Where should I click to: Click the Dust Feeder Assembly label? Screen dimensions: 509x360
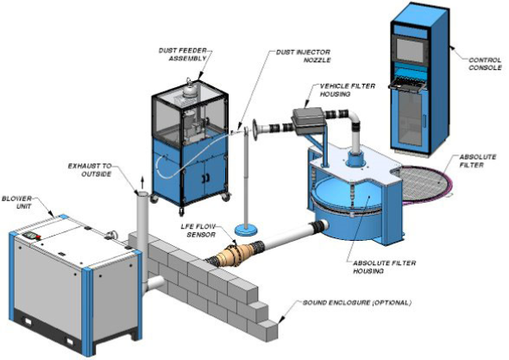click(183, 54)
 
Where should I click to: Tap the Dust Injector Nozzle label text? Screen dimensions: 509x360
click(303, 56)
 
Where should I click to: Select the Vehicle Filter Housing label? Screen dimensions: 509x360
click(348, 90)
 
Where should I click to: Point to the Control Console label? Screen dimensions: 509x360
click(485, 64)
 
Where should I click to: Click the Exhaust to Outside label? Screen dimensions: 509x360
click(90, 170)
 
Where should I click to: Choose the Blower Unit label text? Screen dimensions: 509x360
click(17, 202)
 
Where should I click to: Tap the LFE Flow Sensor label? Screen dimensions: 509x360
click(198, 230)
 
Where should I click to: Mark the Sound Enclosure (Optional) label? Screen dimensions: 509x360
click(357, 303)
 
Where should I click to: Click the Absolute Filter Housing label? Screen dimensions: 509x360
click(385, 267)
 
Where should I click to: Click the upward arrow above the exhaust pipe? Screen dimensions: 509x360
click(141, 183)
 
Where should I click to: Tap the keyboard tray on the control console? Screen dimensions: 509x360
click(407, 85)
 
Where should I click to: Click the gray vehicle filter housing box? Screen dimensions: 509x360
click(308, 121)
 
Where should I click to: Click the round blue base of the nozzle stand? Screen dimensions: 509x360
click(245, 231)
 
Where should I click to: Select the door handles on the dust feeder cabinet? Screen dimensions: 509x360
click(205, 178)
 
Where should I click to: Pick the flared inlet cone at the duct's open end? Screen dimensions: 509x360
click(255, 129)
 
